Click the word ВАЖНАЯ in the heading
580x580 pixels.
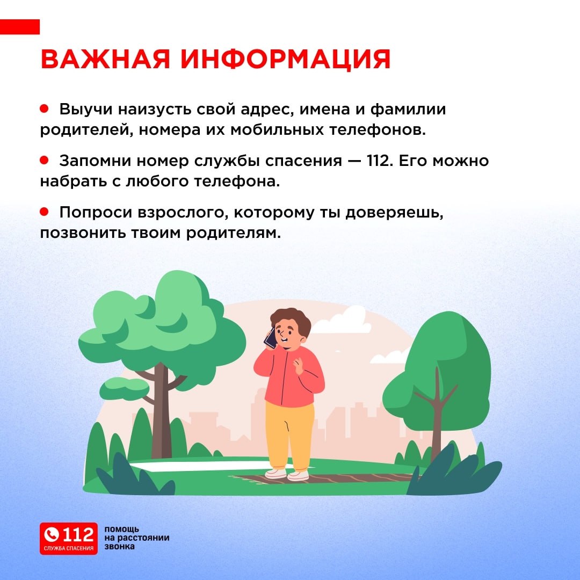pyautogui.click(x=105, y=59)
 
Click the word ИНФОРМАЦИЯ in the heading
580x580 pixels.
pyautogui.click(x=285, y=59)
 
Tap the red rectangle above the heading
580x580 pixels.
pyautogui.click(x=20, y=27)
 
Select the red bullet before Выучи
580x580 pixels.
pyautogui.click(x=45, y=108)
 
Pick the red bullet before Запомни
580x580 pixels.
pyautogui.click(x=45, y=160)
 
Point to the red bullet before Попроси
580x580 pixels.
pyautogui.click(x=45, y=212)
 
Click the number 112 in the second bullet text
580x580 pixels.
pyautogui.click(x=380, y=161)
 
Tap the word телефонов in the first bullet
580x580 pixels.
pyautogui.click(x=378, y=130)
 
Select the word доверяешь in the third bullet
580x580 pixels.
pyautogui.click(x=394, y=213)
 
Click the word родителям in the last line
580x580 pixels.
pyautogui.click(x=234, y=233)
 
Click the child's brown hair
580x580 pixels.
pyautogui.click(x=292, y=320)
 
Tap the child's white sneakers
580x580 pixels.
pyautogui.click(x=287, y=474)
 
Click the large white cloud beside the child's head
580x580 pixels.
pyautogui.click(x=342, y=321)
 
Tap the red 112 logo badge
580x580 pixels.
pyautogui.click(x=69, y=539)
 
